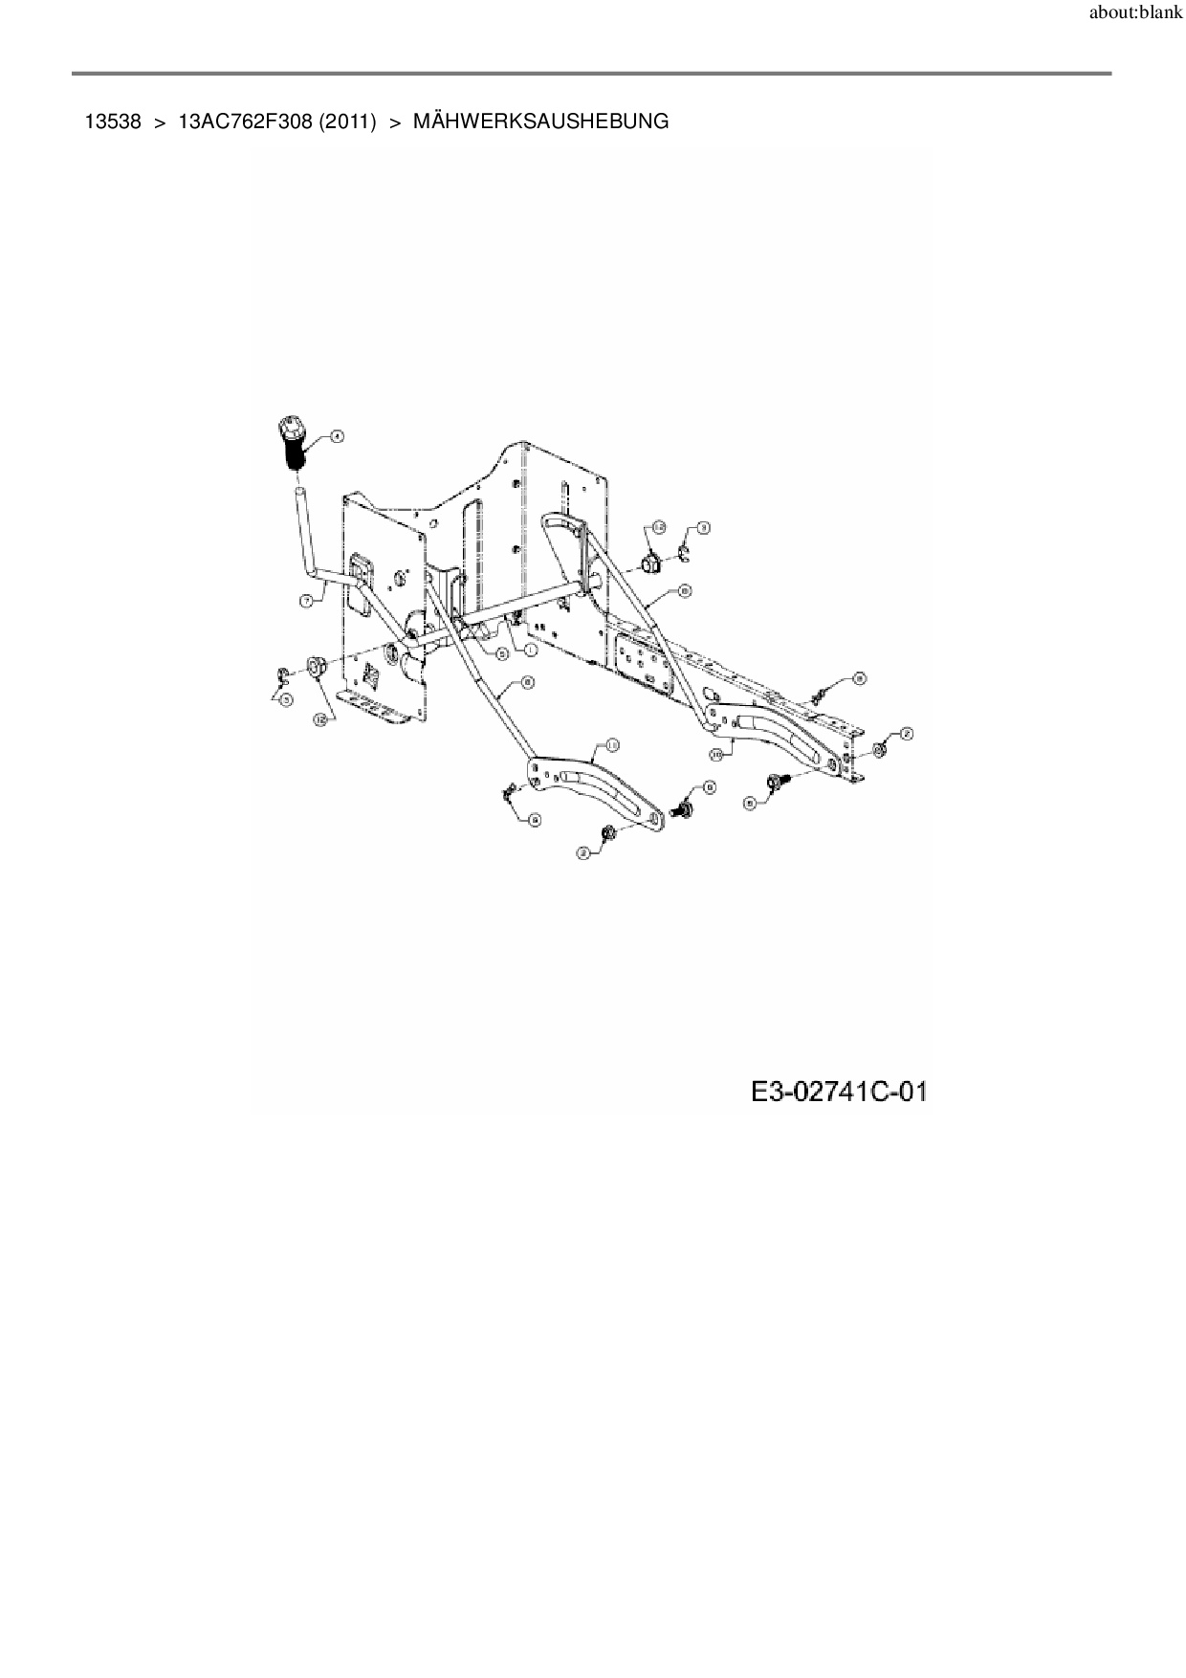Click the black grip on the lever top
coord(293,441)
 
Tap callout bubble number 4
coord(337,435)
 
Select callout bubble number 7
coord(306,601)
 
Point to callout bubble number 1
coord(529,648)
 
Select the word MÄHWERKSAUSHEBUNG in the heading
coord(540,121)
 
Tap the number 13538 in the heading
coord(113,121)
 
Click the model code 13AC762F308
coord(246,121)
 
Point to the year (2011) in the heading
coord(348,121)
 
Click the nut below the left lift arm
coord(609,834)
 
